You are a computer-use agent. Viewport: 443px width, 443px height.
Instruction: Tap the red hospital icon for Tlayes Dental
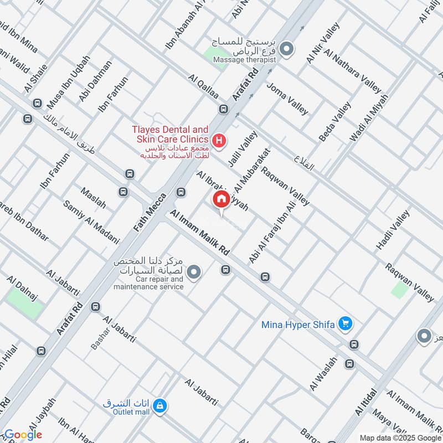point(219,141)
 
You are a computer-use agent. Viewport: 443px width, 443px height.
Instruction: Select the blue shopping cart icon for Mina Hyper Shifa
point(346,323)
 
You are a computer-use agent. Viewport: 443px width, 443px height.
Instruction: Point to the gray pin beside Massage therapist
point(286,50)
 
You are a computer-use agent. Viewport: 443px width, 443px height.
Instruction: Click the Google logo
point(22,435)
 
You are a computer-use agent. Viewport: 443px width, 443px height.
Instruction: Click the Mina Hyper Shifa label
point(298,324)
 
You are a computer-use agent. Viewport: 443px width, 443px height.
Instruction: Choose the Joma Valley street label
point(287,99)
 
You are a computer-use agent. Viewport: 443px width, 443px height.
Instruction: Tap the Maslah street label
point(93,198)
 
